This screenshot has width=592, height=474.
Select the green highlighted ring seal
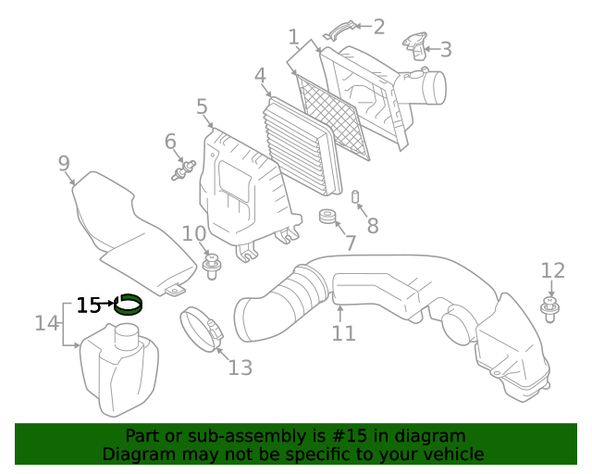(128, 304)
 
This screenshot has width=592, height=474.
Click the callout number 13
(240, 368)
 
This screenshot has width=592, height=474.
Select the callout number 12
(552, 270)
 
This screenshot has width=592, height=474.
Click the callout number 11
(343, 332)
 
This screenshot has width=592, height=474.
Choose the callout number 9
(64, 164)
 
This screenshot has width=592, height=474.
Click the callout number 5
(202, 107)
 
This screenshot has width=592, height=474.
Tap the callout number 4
(260, 76)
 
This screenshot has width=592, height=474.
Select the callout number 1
(294, 37)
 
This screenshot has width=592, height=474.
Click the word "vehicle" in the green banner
(450, 454)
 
